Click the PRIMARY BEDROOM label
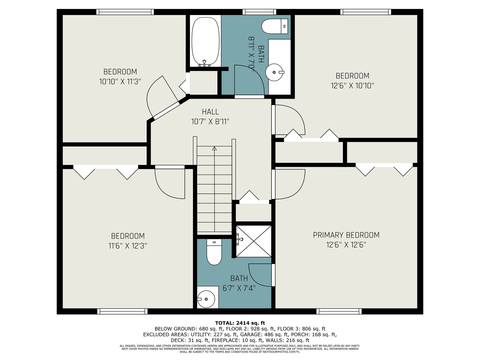pos(346,235)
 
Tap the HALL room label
pos(210,112)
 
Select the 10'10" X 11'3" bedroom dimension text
pos(120,82)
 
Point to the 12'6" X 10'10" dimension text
pos(352,85)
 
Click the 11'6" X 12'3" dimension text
pos(128,246)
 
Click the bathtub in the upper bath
pos(205,41)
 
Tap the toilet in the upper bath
pos(275,26)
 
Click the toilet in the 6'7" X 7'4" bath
pos(214,252)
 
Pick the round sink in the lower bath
pos(206,299)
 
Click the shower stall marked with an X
pos(254,241)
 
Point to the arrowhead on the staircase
pos(214,148)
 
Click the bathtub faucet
pos(205,63)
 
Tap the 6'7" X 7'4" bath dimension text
pos(239,288)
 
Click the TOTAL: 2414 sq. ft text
pos(240,323)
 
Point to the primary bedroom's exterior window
pos(339,311)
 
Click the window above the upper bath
pos(259,12)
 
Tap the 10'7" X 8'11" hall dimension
pos(210,121)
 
